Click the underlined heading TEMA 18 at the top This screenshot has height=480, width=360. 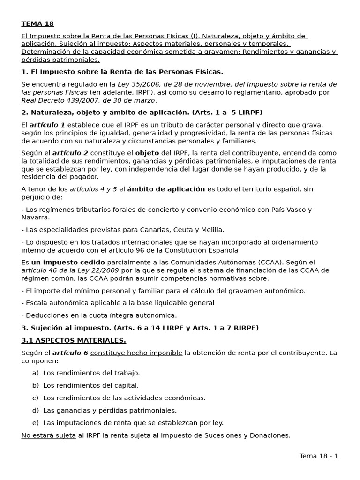(x=37, y=24)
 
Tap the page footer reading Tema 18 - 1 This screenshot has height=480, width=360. (x=319, y=456)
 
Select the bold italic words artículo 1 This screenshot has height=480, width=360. (x=47, y=125)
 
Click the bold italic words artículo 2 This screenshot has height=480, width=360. (x=70, y=153)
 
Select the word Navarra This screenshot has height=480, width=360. (x=35, y=217)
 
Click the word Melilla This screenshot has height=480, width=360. (x=212, y=230)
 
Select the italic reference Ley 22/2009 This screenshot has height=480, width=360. (x=100, y=270)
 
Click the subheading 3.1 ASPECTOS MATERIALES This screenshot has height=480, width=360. (x=74, y=340)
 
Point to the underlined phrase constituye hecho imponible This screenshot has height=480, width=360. (x=136, y=353)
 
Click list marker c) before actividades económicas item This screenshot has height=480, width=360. (x=35, y=398)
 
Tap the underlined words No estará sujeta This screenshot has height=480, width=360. (x=49, y=435)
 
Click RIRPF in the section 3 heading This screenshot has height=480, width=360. (x=243, y=328)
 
